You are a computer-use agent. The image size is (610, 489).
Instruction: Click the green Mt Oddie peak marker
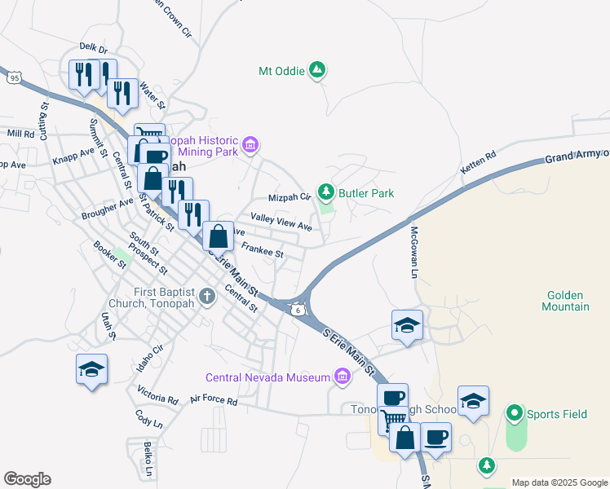pyautogui.click(x=317, y=71)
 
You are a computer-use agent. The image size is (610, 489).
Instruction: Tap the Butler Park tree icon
pyautogui.click(x=326, y=192)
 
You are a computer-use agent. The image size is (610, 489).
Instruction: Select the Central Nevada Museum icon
pyautogui.click(x=343, y=377)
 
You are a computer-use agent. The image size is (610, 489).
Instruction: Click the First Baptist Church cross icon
pyautogui.click(x=207, y=294)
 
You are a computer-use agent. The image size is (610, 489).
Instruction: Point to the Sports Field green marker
pyautogui.click(x=514, y=414)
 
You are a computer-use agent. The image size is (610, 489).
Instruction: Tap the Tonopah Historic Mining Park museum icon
pyautogui.click(x=250, y=146)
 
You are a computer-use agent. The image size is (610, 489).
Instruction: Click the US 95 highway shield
pyautogui.click(x=14, y=77)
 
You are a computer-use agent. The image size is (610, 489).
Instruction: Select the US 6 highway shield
pyautogui.click(x=299, y=309)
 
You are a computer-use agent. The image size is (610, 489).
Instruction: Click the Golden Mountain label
pyautogui.click(x=565, y=301)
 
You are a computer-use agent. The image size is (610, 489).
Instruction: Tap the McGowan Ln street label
pyautogui.click(x=413, y=253)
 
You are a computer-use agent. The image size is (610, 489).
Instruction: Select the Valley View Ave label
pyautogui.click(x=281, y=221)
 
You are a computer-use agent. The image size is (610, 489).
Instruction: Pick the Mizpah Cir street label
pyautogui.click(x=290, y=197)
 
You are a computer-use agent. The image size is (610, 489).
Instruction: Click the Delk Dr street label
pyautogui.click(x=93, y=49)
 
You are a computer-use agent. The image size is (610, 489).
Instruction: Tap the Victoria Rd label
pyautogui.click(x=157, y=394)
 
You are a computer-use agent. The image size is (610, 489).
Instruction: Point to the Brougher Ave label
pyautogui.click(x=107, y=209)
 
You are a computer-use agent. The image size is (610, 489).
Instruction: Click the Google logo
pyautogui.click(x=27, y=479)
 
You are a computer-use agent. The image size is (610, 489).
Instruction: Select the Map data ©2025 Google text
pyautogui.click(x=559, y=482)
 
